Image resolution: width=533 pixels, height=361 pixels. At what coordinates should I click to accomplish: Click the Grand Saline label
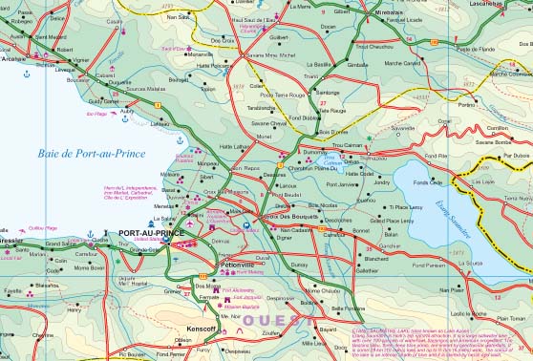pyautogui.click(x=61, y=244)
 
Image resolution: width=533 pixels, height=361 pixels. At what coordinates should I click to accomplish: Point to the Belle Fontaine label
pyautogui.click(x=349, y=308)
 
